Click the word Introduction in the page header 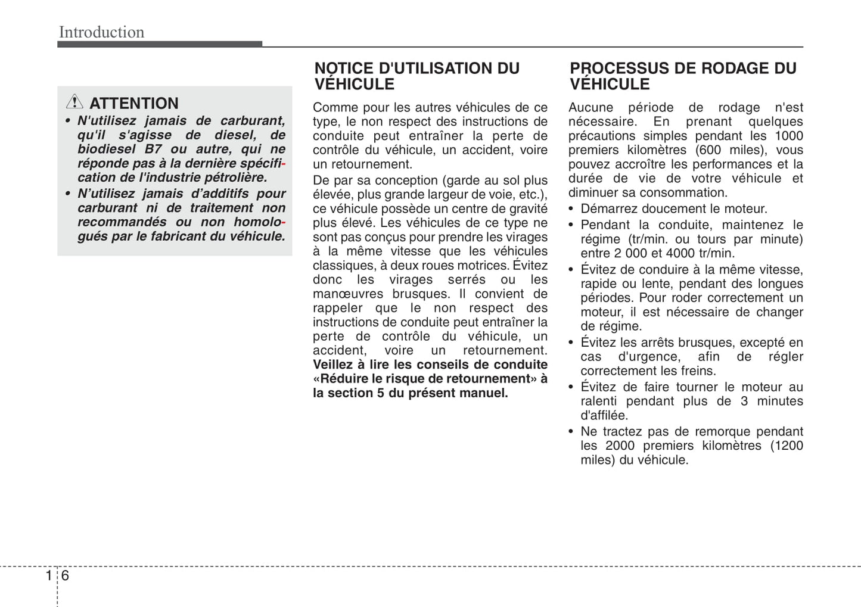(101, 32)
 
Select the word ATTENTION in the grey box (134, 104)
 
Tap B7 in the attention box (153, 150)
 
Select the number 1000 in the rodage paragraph (788, 136)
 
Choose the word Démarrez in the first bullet (607, 209)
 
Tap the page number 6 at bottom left (65, 575)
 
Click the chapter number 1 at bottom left (48, 575)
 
